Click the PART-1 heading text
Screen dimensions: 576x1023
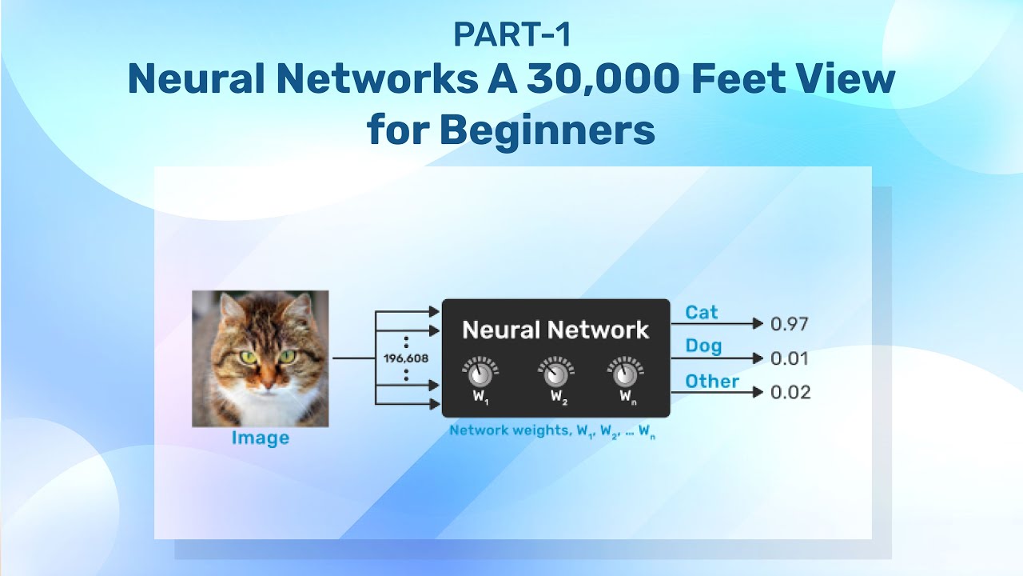511,34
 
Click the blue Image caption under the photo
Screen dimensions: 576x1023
261,438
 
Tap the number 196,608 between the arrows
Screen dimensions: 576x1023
406,358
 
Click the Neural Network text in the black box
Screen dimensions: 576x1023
555,330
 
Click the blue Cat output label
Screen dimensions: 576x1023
702,313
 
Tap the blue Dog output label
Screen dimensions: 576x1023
703,346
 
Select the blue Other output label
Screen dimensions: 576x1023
712,381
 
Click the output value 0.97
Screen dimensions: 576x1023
790,324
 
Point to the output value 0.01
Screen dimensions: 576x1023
790,358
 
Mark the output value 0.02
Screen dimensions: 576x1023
790,392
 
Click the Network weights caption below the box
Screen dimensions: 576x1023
552,431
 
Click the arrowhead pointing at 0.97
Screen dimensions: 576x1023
758,324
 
